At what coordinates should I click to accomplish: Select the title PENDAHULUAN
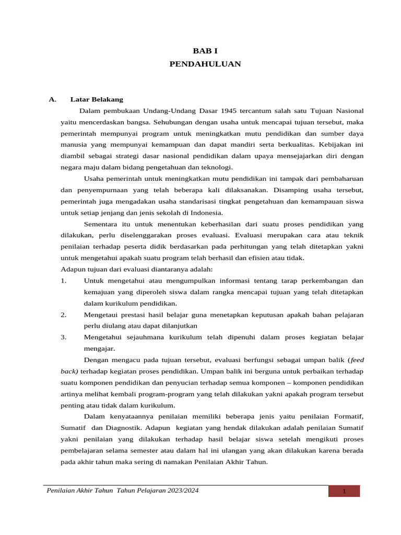205,64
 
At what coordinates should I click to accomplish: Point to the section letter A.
52,99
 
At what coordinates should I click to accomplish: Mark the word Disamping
289,190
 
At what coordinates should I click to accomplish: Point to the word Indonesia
207,213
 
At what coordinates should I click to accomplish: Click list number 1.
63,281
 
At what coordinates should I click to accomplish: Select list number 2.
63,315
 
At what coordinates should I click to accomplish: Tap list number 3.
63,337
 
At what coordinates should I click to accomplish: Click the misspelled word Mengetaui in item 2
102,315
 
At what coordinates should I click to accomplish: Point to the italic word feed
357,360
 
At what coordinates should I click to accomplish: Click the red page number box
344,492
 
